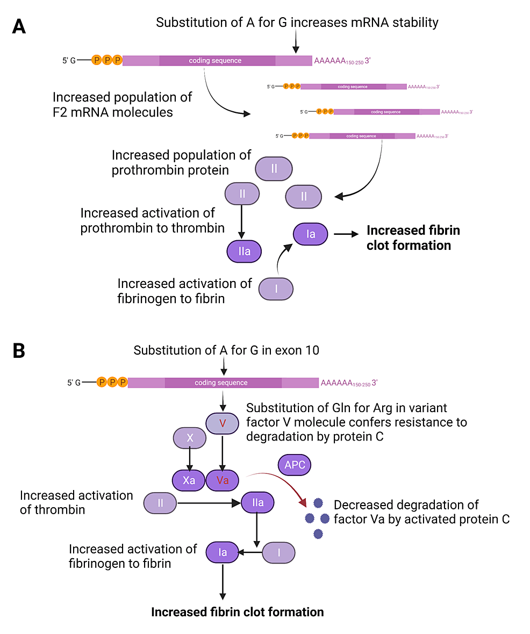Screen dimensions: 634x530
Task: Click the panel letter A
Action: point(19,26)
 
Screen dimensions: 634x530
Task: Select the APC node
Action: point(295,465)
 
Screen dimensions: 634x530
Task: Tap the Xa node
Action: point(189,480)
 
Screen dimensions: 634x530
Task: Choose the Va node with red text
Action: point(223,480)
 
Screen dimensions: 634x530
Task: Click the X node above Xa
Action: point(189,438)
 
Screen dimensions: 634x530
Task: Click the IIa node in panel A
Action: point(244,251)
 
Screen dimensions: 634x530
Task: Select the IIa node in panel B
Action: point(257,503)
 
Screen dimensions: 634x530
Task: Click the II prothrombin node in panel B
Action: point(161,503)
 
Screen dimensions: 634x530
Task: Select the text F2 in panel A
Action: point(61,112)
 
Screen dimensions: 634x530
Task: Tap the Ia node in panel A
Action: point(311,234)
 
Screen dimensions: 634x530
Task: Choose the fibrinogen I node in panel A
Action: point(276,289)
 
